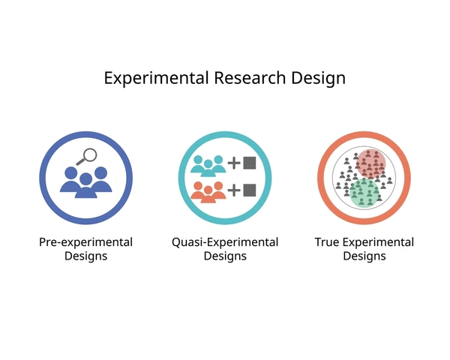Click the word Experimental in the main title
click(156, 78)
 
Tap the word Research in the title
click(250, 78)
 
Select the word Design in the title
click(318, 78)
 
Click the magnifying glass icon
click(87, 157)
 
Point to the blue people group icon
click(85, 182)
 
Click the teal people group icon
click(208, 166)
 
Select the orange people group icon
click(208, 192)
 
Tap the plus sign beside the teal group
click(234, 163)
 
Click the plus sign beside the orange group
click(234, 190)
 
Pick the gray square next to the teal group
click(250, 163)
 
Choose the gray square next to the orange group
click(250, 190)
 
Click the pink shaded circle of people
click(370, 163)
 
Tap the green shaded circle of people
click(364, 193)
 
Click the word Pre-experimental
click(85, 242)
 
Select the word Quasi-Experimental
click(225, 242)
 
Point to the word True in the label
click(326, 242)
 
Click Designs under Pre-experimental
click(85, 256)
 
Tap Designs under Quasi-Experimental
click(225, 256)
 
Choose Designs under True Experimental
click(364, 256)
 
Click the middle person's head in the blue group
click(85, 179)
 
